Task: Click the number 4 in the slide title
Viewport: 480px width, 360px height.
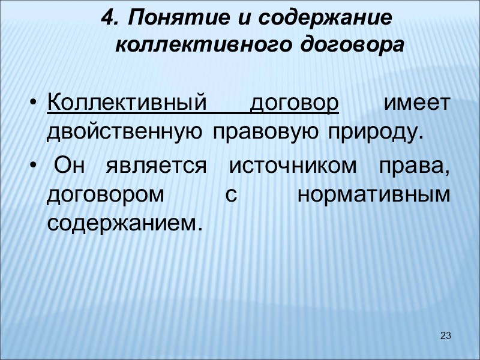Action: pos(107,19)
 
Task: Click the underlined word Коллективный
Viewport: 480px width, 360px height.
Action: pos(131,104)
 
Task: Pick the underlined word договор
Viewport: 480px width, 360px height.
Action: pos(294,104)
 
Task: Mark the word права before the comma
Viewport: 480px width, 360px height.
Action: pos(412,167)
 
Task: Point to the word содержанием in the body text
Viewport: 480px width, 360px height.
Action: pos(121,223)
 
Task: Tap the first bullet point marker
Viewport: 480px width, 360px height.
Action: pos(34,104)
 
